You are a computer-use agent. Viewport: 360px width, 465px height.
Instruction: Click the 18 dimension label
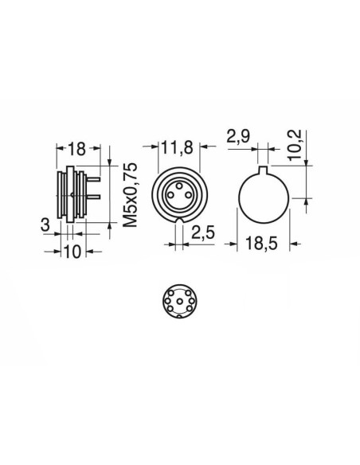(76, 149)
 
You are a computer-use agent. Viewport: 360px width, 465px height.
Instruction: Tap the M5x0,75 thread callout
(131, 195)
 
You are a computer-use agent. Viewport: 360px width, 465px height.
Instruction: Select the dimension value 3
(45, 225)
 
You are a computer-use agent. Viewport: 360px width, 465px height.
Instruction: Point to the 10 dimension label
(72, 252)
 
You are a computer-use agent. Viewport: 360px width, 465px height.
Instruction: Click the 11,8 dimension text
(177, 147)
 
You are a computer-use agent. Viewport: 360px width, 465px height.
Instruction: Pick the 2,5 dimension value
(203, 232)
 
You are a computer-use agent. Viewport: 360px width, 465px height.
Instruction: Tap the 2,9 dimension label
(238, 137)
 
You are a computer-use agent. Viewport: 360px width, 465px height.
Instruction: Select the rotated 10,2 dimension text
(295, 145)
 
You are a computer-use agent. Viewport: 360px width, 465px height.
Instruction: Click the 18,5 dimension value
(261, 244)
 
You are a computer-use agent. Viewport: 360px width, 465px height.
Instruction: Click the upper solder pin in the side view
(93, 179)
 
